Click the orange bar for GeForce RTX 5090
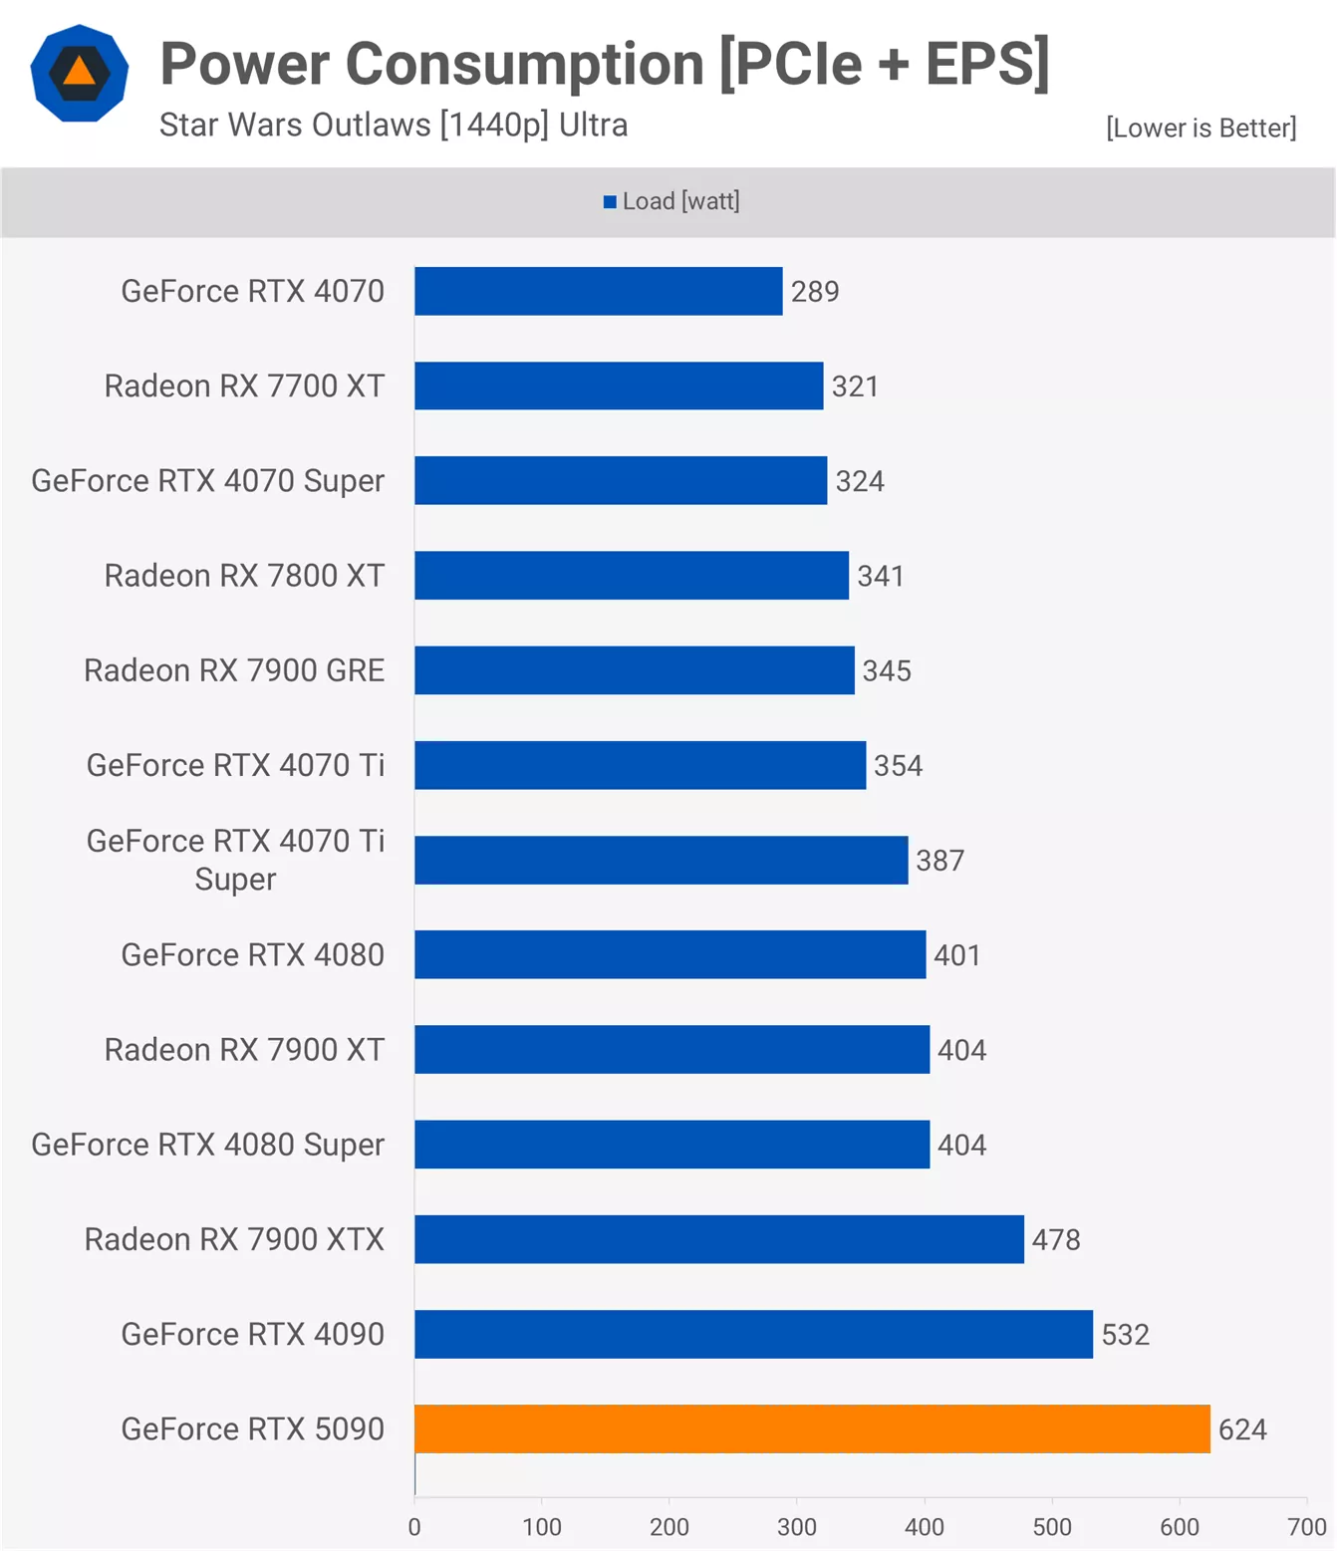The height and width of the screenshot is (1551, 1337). coord(812,1428)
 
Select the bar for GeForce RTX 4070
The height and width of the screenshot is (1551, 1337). coord(598,291)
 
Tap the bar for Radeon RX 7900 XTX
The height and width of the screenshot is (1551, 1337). coord(718,1239)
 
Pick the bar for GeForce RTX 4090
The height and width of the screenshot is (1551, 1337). coord(753,1334)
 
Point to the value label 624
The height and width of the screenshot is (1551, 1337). coord(1242,1429)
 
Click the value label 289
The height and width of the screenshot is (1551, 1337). coord(815,292)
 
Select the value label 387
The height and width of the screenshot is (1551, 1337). coord(940,861)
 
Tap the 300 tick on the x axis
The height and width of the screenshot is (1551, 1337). coord(796,1527)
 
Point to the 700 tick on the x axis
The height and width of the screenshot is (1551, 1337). coord(1306,1527)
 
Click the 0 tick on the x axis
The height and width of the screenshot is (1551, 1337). coord(414,1527)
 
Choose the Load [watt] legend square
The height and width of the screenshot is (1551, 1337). coord(610,202)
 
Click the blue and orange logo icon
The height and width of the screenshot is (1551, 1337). coord(80,74)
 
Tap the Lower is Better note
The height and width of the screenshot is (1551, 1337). coord(1201,129)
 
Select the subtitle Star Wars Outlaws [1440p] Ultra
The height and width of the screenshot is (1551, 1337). coord(394,126)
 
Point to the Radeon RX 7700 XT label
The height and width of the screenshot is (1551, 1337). coord(244,386)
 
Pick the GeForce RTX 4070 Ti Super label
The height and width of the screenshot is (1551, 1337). coord(235,860)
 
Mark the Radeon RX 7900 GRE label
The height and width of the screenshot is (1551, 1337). coord(234,670)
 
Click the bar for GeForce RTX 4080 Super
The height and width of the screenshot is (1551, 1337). coord(671,1145)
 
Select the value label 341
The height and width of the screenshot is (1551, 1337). coord(881,576)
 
